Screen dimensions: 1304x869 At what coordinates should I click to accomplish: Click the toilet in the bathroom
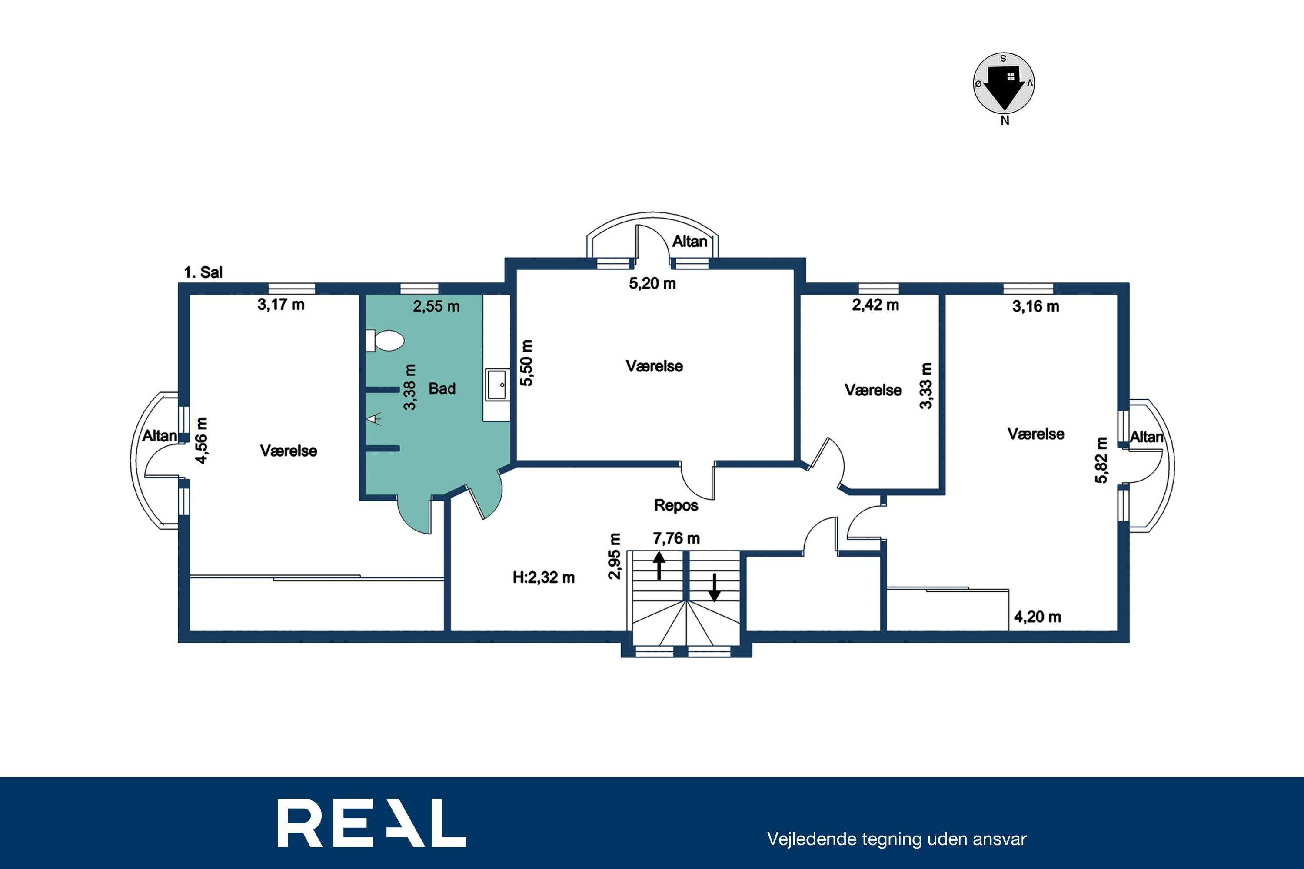tap(385, 341)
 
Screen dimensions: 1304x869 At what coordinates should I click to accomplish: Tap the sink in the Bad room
tap(497, 384)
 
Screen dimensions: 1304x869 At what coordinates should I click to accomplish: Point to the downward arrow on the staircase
tap(715, 587)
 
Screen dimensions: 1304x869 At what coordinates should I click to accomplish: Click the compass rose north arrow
tap(1004, 89)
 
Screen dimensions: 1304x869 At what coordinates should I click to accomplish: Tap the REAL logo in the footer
tap(372, 823)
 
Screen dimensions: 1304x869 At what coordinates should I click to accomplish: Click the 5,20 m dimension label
tap(652, 284)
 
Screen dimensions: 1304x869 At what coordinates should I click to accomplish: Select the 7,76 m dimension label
tap(676, 538)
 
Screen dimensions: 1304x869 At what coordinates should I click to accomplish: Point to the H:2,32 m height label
tap(543, 577)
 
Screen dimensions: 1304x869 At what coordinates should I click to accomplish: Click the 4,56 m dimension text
tap(202, 441)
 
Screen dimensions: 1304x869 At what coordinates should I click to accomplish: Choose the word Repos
tap(676, 505)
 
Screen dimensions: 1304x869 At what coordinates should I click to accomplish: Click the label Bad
tap(442, 388)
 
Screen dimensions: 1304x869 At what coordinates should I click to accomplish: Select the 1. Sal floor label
tap(203, 272)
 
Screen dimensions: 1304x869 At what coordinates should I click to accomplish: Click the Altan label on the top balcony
tap(690, 242)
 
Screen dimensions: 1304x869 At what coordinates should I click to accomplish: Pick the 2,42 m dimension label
tap(875, 305)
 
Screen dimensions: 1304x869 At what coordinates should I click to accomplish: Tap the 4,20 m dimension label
tap(1037, 617)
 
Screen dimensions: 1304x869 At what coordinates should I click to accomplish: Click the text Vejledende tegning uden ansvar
tap(896, 839)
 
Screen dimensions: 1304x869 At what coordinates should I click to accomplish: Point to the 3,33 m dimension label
tap(926, 386)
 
